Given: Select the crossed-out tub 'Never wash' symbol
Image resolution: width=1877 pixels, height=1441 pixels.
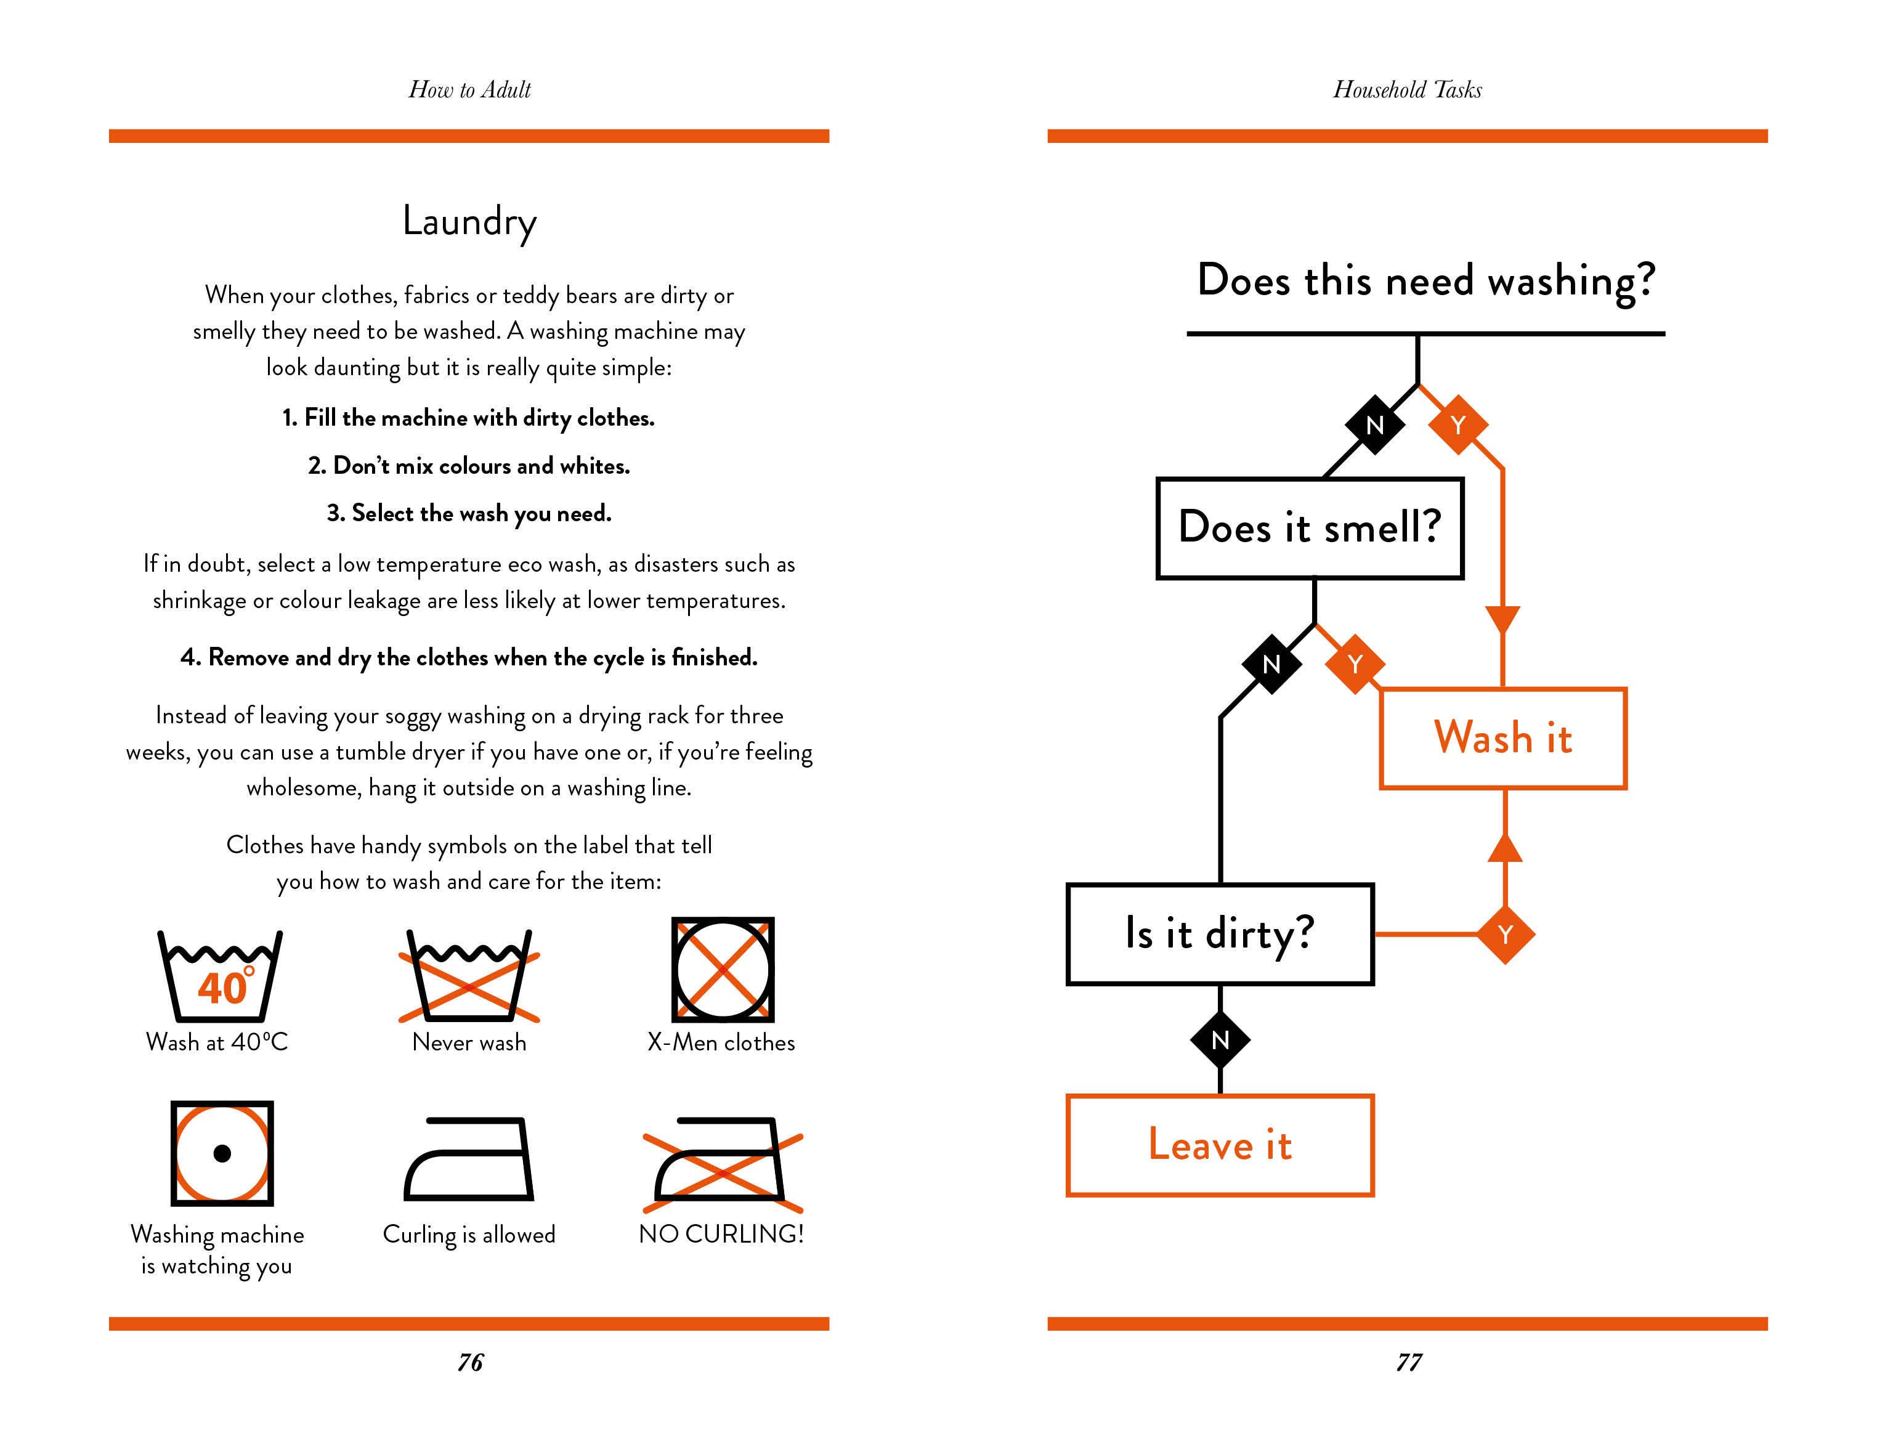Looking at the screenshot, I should (469, 975).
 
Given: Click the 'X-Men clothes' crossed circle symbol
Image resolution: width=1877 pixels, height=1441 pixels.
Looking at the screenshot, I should (723, 969).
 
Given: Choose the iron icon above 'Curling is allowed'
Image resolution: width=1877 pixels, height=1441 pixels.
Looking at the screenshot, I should (469, 1159).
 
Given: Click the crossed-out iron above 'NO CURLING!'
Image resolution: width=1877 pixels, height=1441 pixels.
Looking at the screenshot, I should (723, 1163).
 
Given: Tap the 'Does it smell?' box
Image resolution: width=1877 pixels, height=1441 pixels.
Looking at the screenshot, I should (1310, 527).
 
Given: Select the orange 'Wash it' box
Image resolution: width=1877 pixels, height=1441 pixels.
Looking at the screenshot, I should (1502, 737).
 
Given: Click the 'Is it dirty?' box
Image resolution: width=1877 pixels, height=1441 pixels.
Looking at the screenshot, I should (1219, 933).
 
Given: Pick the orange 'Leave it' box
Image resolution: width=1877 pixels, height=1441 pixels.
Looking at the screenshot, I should (1219, 1145).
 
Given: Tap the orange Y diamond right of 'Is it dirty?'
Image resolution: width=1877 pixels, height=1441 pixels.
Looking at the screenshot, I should (1505, 934).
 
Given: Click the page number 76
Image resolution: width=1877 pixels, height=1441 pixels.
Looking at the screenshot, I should (470, 1362).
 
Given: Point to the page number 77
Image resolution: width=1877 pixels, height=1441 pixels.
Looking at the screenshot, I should (1409, 1362).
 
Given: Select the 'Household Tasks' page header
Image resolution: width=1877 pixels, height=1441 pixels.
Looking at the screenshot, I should (1407, 89).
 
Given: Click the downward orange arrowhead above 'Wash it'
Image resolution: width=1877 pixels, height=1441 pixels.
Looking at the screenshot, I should (1502, 619).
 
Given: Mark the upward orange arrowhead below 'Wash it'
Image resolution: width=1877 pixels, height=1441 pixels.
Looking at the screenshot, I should (1505, 848).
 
